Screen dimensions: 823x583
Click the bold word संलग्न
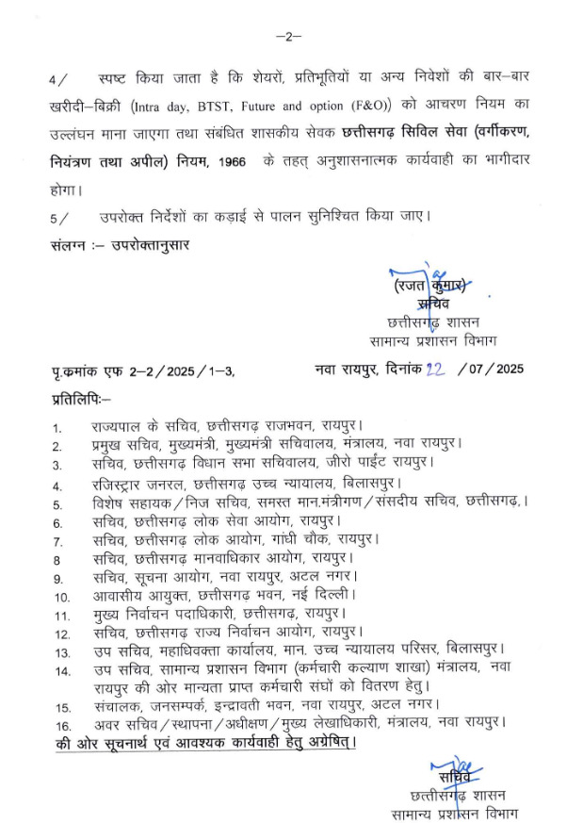74,246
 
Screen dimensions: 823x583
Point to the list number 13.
62,651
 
